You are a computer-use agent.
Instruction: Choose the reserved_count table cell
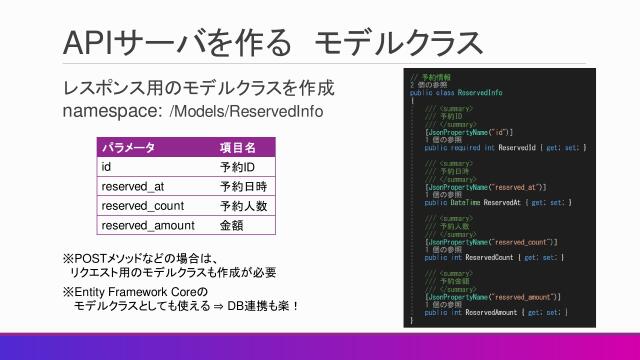142,205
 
